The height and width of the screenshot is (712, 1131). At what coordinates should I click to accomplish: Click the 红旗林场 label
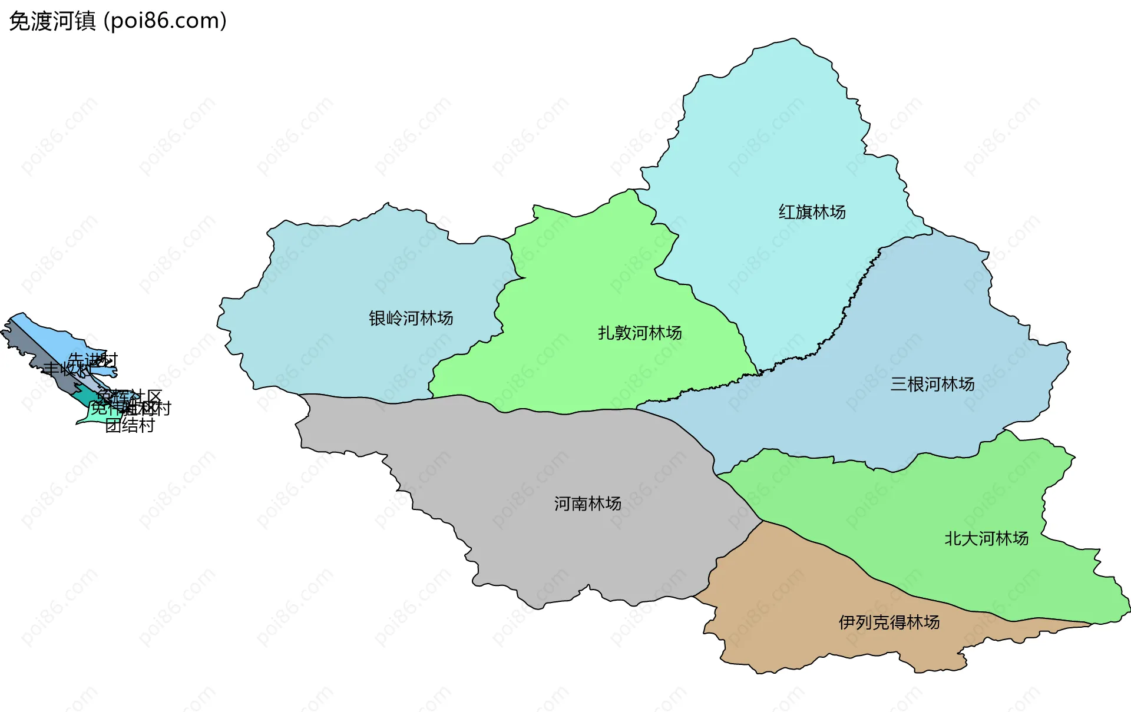(x=812, y=212)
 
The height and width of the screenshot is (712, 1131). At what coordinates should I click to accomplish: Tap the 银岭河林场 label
(x=411, y=319)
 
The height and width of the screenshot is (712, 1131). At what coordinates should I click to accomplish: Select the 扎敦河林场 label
(x=640, y=333)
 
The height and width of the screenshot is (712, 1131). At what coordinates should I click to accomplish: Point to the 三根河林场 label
(x=932, y=385)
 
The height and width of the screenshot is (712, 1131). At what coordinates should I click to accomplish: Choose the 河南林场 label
(x=587, y=504)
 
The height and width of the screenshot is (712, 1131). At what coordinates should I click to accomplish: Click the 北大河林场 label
(x=986, y=539)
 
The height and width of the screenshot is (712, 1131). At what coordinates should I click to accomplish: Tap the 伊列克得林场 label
(x=888, y=622)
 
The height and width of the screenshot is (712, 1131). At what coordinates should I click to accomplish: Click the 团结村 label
(x=130, y=426)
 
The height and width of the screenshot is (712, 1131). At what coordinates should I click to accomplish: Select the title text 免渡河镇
(x=52, y=21)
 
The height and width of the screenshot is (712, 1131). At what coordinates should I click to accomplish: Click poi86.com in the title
(x=165, y=21)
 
